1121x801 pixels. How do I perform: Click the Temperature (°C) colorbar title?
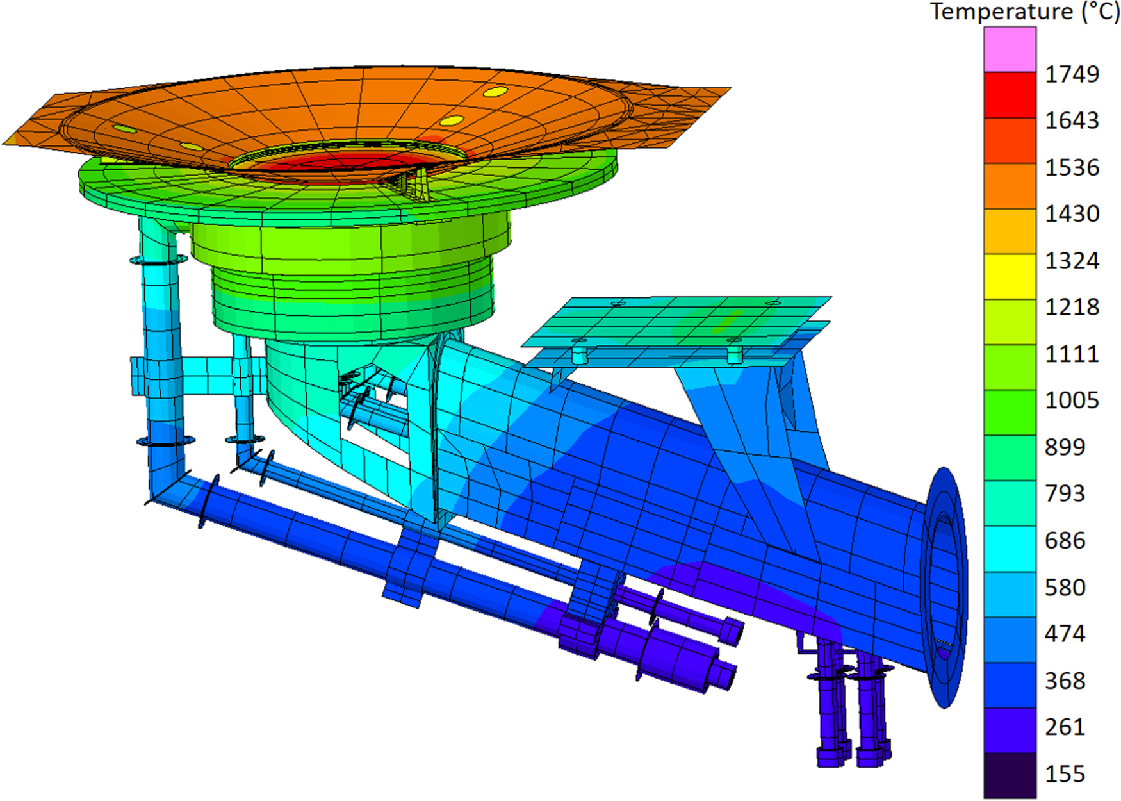(1025, 12)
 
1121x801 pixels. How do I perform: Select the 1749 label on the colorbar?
(1072, 74)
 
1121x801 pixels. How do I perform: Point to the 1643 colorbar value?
(1072, 120)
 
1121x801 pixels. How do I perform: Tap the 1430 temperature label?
(1072, 213)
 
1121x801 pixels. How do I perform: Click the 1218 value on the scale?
(1072, 307)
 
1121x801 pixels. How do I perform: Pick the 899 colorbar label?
(1065, 447)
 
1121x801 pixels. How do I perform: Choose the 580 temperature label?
(1065, 587)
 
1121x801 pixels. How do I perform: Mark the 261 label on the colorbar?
(1065, 727)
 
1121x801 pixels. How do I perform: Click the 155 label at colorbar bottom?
(1065, 773)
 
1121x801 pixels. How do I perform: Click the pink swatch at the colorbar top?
(1010, 49)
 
